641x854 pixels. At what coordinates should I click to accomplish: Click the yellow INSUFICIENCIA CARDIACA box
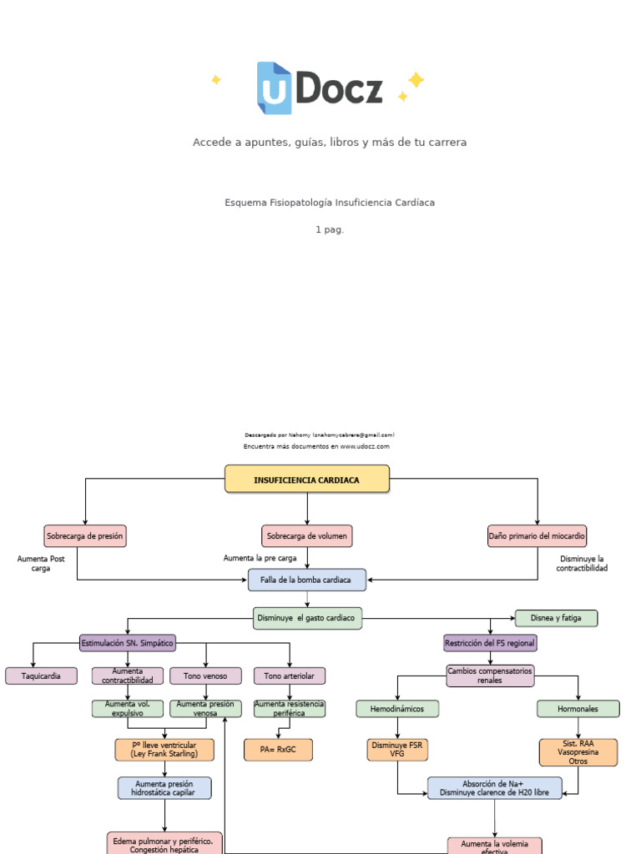coord(307,480)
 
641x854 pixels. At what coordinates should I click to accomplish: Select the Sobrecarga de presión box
coord(85,535)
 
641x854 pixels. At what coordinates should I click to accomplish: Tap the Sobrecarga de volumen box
coord(307,535)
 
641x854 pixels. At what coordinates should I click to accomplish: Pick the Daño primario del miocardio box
coord(537,535)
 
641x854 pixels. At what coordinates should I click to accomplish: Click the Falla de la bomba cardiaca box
coord(307,580)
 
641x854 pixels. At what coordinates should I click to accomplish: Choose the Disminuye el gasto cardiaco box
coord(307,618)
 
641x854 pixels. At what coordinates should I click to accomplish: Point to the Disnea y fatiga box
coord(556,618)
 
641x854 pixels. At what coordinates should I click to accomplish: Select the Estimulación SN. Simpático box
coord(128,643)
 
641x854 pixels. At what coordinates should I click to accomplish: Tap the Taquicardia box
coord(41,676)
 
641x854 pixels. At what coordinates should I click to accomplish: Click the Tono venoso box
coord(205,676)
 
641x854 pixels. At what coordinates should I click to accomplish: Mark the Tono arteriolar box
coord(290,676)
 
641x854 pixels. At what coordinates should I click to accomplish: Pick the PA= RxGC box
coord(278,750)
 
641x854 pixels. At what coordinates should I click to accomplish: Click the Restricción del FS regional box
coord(490,643)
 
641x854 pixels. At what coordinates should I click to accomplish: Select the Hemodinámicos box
coord(397,709)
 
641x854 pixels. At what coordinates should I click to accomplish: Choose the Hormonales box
coord(578,709)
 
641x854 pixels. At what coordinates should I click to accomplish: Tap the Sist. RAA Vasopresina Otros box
coord(578,751)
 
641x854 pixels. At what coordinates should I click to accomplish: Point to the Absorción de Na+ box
coord(494,788)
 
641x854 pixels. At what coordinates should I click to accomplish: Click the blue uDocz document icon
coord(274,88)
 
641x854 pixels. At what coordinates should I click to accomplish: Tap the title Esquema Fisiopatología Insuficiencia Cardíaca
coord(330,203)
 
